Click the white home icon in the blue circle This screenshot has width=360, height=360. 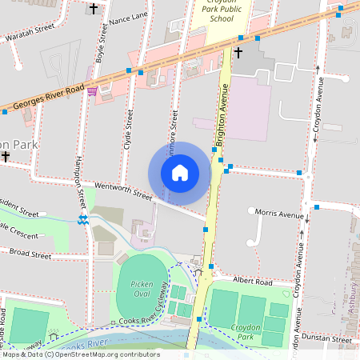coord(180,173)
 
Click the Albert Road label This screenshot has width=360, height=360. coord(253,282)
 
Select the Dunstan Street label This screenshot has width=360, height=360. coord(330,339)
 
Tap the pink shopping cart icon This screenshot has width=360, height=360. coord(92,91)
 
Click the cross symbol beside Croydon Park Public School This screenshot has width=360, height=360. coord(238,53)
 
